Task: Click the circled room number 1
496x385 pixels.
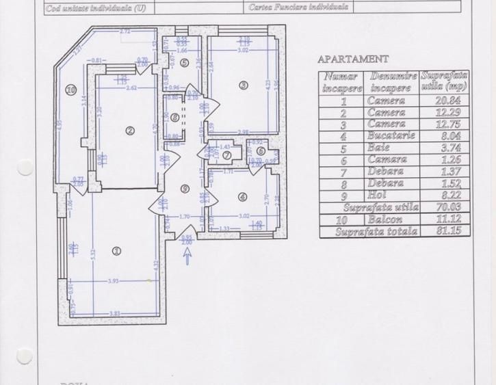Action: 116,251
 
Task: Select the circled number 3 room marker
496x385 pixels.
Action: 243,85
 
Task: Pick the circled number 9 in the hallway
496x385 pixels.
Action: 184,189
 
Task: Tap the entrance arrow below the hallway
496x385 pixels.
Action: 187,256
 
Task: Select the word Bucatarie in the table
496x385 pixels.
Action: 387,135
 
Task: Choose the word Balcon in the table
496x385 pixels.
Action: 387,220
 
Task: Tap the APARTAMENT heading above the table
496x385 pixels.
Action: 354,59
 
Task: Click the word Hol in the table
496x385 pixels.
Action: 387,195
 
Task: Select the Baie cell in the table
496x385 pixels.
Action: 387,148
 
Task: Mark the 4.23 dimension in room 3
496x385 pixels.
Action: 267,85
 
